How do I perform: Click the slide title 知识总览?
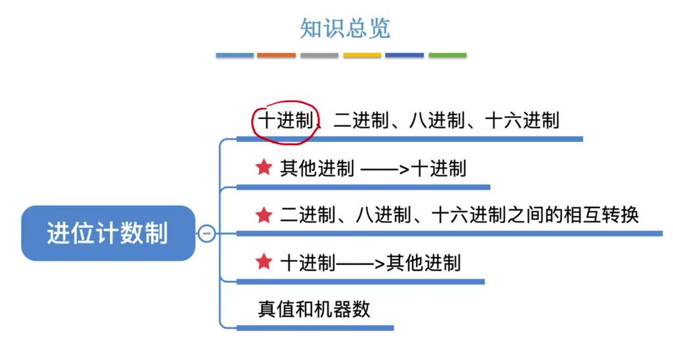(344, 28)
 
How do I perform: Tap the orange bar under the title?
(276, 55)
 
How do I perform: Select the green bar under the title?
(448, 55)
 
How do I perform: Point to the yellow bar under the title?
(362, 55)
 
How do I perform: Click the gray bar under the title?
(319, 55)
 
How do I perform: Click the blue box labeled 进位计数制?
(108, 233)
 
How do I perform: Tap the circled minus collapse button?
(207, 233)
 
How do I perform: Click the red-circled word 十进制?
(285, 120)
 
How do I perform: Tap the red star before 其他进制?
(264, 167)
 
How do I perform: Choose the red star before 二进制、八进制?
(264, 215)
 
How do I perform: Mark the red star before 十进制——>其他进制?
(264, 262)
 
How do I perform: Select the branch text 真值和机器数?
(314, 309)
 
